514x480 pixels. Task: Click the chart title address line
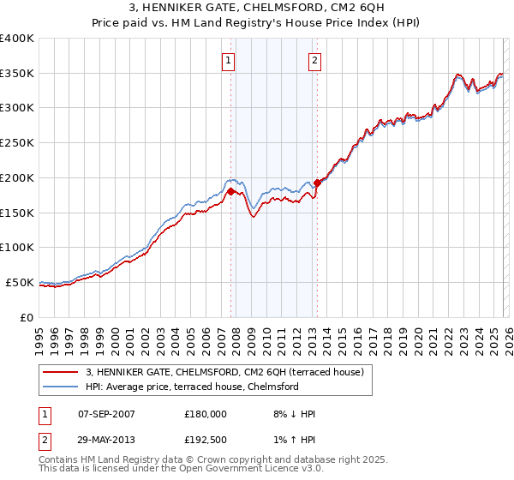[x=257, y=9]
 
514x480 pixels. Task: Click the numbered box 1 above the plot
[x=230, y=60]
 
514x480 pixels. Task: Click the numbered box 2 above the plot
[x=315, y=60]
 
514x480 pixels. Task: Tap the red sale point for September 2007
[x=230, y=191]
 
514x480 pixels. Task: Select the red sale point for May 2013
[x=317, y=182]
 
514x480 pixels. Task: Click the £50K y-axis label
[x=20, y=282]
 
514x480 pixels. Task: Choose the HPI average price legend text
[x=192, y=387]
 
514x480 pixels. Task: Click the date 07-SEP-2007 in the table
[x=105, y=414]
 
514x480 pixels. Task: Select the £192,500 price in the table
[x=206, y=440]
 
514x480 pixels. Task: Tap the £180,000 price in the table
[x=206, y=414]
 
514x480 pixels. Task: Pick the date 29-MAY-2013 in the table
[x=105, y=440]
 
